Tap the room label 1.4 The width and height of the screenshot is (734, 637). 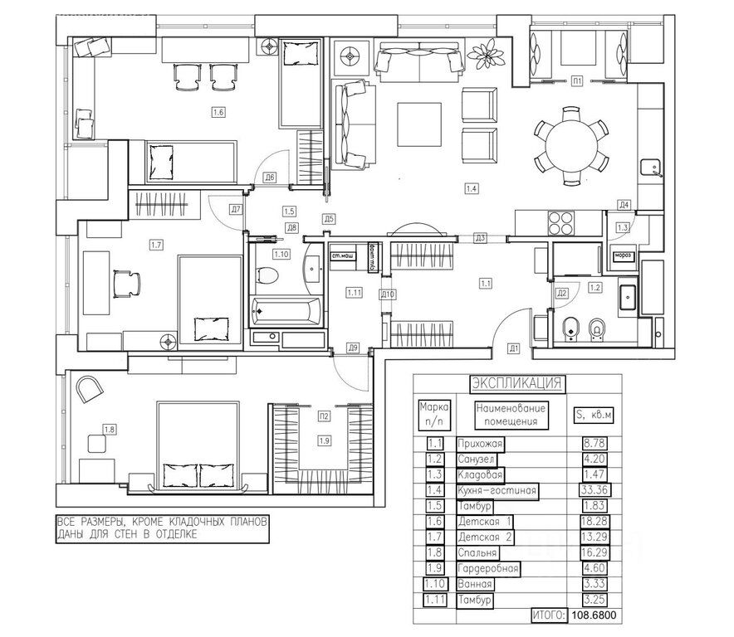coord(472,188)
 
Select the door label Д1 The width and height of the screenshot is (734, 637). coord(514,348)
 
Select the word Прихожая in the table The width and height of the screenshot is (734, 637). coord(480,444)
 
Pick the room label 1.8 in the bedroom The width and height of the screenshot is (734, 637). coord(109,429)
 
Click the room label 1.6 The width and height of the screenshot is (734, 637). coord(219,112)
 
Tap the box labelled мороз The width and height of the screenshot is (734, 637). coord(623,255)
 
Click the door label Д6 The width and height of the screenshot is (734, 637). coord(270,177)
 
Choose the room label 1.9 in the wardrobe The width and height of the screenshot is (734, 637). coord(324,440)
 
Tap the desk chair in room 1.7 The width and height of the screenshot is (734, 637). coord(126,282)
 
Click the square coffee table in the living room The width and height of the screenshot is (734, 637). coord(418,123)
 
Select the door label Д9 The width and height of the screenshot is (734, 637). coord(352,347)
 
